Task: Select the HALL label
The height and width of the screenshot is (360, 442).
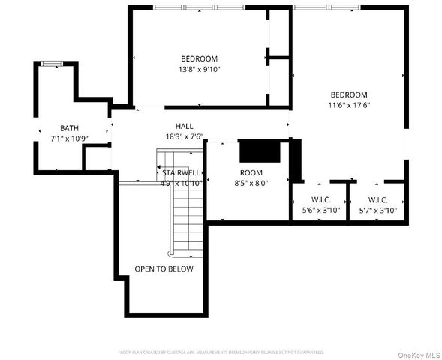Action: pyautogui.click(x=184, y=126)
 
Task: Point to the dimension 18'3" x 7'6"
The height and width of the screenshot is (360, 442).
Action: pyautogui.click(x=184, y=136)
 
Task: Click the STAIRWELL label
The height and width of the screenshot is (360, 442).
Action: pyautogui.click(x=180, y=172)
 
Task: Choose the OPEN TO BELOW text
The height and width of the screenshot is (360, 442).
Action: pyautogui.click(x=164, y=268)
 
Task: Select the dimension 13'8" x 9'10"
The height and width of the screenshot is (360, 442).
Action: pyautogui.click(x=199, y=69)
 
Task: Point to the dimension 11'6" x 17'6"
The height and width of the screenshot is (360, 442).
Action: pyautogui.click(x=349, y=105)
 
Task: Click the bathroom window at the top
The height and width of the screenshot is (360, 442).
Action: pyautogui.click(x=51, y=64)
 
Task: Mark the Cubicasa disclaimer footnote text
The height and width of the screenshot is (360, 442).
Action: pyautogui.click(x=221, y=351)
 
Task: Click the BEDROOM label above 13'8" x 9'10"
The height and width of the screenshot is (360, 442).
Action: pyautogui.click(x=199, y=58)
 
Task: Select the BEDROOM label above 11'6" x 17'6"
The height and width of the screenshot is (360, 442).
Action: pyautogui.click(x=349, y=94)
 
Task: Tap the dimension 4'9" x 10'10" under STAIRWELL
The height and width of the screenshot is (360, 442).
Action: pyautogui.click(x=180, y=183)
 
